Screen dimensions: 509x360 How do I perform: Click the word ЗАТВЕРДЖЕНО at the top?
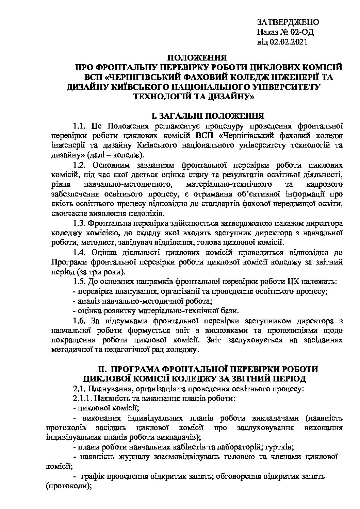(288, 23)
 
